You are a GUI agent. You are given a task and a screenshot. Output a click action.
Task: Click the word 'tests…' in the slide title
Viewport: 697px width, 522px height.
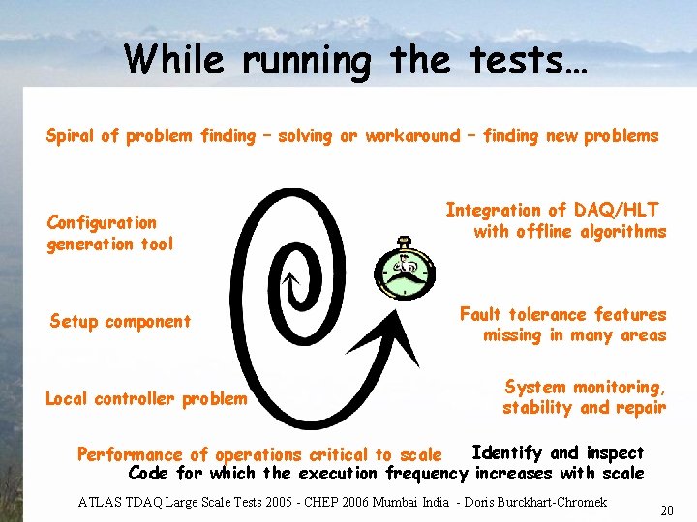[522, 60]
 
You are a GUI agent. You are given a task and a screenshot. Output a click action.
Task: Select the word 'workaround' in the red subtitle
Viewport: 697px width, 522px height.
[412, 136]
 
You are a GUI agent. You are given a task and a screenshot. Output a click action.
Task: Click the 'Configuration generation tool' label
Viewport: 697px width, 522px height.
[110, 233]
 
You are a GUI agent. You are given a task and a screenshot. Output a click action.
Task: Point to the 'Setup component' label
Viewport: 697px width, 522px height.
[120, 321]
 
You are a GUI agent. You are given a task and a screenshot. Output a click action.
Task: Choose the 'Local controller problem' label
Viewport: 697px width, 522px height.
[146, 398]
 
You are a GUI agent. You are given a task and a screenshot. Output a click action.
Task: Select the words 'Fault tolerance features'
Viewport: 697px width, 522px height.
[562, 314]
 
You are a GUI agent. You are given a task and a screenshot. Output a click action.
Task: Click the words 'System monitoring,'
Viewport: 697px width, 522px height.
[585, 387]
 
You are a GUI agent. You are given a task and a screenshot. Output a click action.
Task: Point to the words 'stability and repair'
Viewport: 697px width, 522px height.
[584, 407]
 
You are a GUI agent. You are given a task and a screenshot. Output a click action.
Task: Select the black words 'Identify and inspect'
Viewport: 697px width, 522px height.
[557, 452]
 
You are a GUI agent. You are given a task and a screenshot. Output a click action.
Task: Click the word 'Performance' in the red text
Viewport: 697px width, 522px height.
[130, 454]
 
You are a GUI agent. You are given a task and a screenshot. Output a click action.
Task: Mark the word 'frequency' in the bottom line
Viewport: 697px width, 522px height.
[426, 474]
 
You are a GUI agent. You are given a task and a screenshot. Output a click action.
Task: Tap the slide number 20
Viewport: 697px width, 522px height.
[667, 509]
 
